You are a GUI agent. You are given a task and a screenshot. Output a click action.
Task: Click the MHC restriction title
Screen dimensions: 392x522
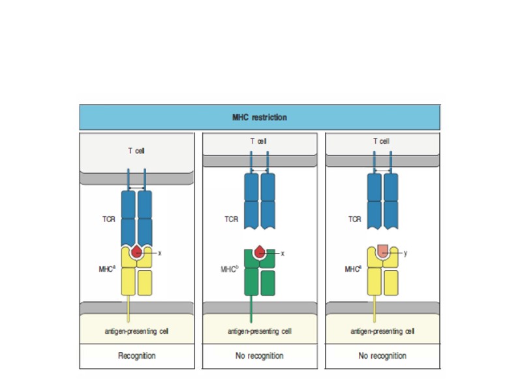coord(260,118)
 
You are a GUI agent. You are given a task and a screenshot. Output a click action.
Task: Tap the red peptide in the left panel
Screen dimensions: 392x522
coord(136,252)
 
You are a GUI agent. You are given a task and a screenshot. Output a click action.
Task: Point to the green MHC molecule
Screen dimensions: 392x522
coord(260,274)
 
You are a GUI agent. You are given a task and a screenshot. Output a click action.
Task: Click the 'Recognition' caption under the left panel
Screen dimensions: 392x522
coord(136,356)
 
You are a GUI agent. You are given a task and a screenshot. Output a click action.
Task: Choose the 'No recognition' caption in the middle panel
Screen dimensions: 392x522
coord(260,356)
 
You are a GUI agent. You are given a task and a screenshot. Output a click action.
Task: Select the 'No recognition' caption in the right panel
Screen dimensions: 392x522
coord(382,356)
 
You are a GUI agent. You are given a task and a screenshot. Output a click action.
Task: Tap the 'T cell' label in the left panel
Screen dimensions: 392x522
coord(136,151)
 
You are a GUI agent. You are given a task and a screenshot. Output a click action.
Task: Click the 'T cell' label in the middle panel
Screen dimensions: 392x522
coord(259,141)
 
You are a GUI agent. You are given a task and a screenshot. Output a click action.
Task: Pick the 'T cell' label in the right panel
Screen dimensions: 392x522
coord(382,141)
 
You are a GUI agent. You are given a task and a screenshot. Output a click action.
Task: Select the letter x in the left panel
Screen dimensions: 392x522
coord(159,252)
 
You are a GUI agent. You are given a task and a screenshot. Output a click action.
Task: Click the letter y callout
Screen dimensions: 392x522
coord(406,253)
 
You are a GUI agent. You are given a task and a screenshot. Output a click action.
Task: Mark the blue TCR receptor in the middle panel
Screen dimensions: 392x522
coord(260,199)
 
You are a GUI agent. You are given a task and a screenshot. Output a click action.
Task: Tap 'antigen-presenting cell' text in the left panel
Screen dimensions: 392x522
coord(136,332)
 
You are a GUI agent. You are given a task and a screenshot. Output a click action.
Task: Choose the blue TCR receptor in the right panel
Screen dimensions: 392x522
coord(382,199)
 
